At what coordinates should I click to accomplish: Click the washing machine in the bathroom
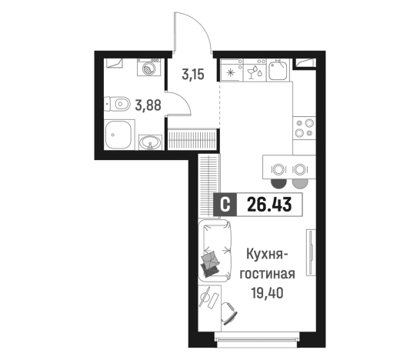point(148,67)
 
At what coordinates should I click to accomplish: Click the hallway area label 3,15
point(194,75)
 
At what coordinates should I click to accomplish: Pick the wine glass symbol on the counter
point(251,73)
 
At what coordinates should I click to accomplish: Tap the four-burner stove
point(305,127)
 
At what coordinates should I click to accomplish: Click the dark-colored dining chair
point(278,182)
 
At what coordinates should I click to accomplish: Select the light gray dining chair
point(300,182)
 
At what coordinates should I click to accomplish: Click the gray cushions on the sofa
point(211,262)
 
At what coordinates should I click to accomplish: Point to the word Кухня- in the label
point(268,255)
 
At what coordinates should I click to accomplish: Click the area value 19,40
point(267,293)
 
